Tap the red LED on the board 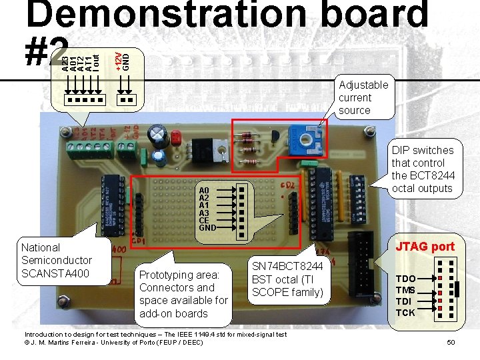pyautogui.click(x=177, y=138)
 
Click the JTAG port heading pyautogui.click(x=425, y=247)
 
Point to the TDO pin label pyautogui.click(x=406, y=279)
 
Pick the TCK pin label pyautogui.click(x=405, y=313)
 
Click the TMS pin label pyautogui.click(x=406, y=290)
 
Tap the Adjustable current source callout pyautogui.click(x=363, y=97)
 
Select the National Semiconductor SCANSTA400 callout pyautogui.click(x=57, y=260)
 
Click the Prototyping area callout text pyautogui.click(x=183, y=294)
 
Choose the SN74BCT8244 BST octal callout pyautogui.click(x=287, y=279)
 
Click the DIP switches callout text pyautogui.click(x=422, y=169)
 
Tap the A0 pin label pyautogui.click(x=205, y=190)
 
